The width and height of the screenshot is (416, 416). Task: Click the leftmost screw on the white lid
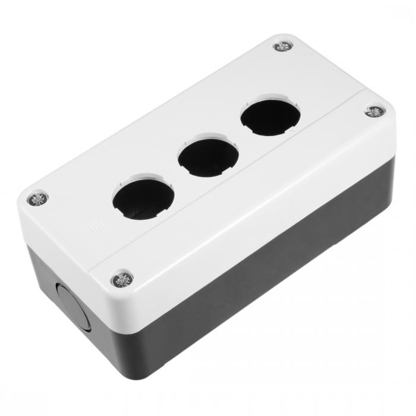[x=38, y=198]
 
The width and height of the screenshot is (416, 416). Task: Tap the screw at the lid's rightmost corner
[x=374, y=111]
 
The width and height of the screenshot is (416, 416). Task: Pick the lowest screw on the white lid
[x=122, y=278]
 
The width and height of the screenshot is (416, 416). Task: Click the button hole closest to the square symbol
[x=143, y=197]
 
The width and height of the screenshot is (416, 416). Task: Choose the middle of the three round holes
[x=208, y=156]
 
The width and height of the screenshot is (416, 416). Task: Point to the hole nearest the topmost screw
[x=270, y=116]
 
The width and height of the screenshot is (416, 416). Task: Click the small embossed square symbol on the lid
[x=93, y=226]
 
